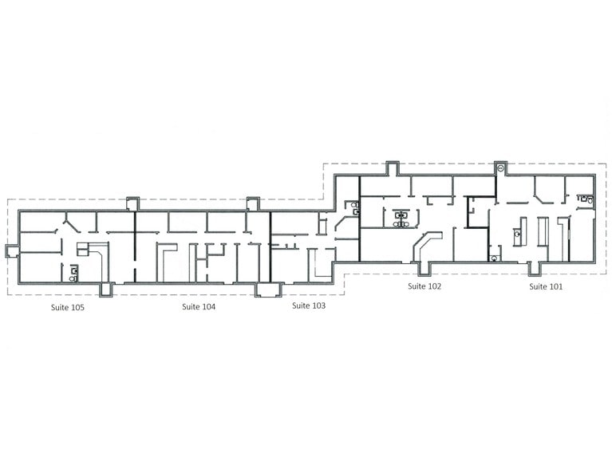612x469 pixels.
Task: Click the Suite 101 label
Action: (x=546, y=286)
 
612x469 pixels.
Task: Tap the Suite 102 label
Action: (x=424, y=286)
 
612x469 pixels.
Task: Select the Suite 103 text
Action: (x=308, y=305)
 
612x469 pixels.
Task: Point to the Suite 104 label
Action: (x=198, y=306)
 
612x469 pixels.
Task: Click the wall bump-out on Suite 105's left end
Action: (x=11, y=251)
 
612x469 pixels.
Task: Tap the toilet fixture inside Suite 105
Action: (x=73, y=271)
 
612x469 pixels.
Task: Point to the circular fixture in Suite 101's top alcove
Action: (x=499, y=168)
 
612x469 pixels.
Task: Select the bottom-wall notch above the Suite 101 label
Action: (x=536, y=266)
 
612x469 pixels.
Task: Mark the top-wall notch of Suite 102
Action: (x=392, y=167)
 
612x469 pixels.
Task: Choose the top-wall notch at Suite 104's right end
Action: (x=253, y=203)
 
